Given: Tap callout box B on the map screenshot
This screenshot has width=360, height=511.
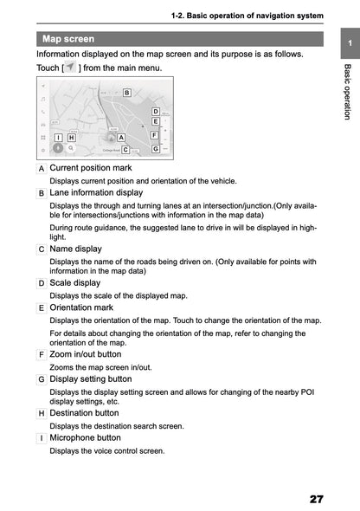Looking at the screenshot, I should (x=126, y=93).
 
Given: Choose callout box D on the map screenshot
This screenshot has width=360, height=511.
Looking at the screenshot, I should (x=155, y=112).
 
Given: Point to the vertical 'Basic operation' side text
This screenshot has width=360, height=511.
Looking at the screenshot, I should (x=346, y=92).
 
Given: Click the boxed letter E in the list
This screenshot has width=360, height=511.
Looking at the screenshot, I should (x=42, y=307).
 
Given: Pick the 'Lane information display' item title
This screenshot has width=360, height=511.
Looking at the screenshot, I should (x=96, y=192).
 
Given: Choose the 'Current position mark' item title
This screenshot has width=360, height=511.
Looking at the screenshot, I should (x=91, y=167).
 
